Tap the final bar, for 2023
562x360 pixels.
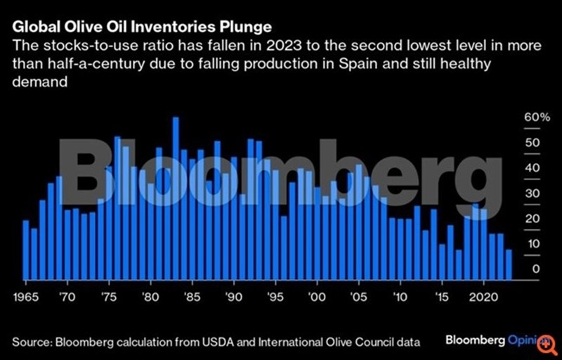pyautogui.click(x=508, y=264)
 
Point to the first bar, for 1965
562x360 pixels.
pyautogui.click(x=26, y=250)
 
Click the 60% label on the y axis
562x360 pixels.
pyautogui.click(x=537, y=117)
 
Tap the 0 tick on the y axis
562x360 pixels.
pyautogui.click(x=535, y=269)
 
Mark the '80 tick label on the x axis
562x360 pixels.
pyautogui.click(x=149, y=295)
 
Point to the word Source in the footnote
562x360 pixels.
pyautogui.click(x=31, y=342)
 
